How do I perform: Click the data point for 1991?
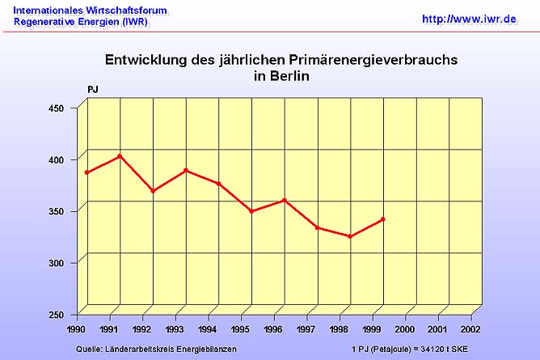tap(120, 156)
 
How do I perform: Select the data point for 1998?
tap(350, 236)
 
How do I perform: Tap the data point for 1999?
tap(383, 219)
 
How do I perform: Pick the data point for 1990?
tap(86, 172)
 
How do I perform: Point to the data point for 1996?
tap(285, 200)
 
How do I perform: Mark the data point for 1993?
tap(186, 170)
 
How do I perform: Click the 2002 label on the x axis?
tap(470, 330)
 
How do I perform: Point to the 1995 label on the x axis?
tap(240, 330)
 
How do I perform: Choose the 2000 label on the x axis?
tap(405, 330)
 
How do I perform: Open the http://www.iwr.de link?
tap(469, 18)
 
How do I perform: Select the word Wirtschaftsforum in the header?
tap(131, 10)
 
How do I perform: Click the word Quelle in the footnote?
tap(89, 349)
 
